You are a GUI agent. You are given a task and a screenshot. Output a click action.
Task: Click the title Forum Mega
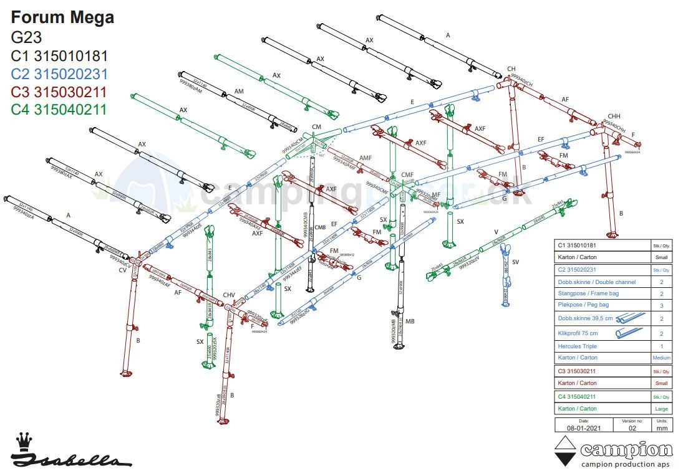62,17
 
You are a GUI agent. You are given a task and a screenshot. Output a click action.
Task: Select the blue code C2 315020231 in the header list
59,74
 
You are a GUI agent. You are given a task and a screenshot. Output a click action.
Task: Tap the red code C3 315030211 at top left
59,92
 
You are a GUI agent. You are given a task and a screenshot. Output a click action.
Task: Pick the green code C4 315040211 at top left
59,110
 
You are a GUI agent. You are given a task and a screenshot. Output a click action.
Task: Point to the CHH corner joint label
614,117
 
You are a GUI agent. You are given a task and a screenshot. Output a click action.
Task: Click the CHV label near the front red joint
229,295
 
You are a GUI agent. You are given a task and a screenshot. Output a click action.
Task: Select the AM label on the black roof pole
238,91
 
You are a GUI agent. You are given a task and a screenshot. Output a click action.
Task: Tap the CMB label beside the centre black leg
321,227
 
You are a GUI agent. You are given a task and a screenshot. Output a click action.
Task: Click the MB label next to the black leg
410,321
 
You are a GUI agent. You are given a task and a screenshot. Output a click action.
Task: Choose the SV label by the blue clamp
515,262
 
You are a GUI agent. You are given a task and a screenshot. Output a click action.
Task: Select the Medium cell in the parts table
661,358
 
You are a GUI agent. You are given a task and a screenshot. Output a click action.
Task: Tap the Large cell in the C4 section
661,409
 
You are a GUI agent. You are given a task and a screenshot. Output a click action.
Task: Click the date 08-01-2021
584,428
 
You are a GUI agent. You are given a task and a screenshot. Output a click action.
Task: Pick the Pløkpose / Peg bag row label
583,305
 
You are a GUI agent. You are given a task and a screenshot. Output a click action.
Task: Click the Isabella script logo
72,460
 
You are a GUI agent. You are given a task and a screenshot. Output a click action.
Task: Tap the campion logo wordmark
626,450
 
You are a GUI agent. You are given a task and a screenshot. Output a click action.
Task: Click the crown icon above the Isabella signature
24,440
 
